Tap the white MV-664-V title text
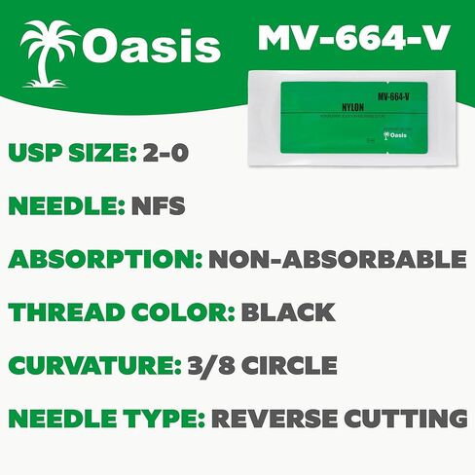click(353, 38)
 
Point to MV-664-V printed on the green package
click(391, 96)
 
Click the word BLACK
click(288, 312)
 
